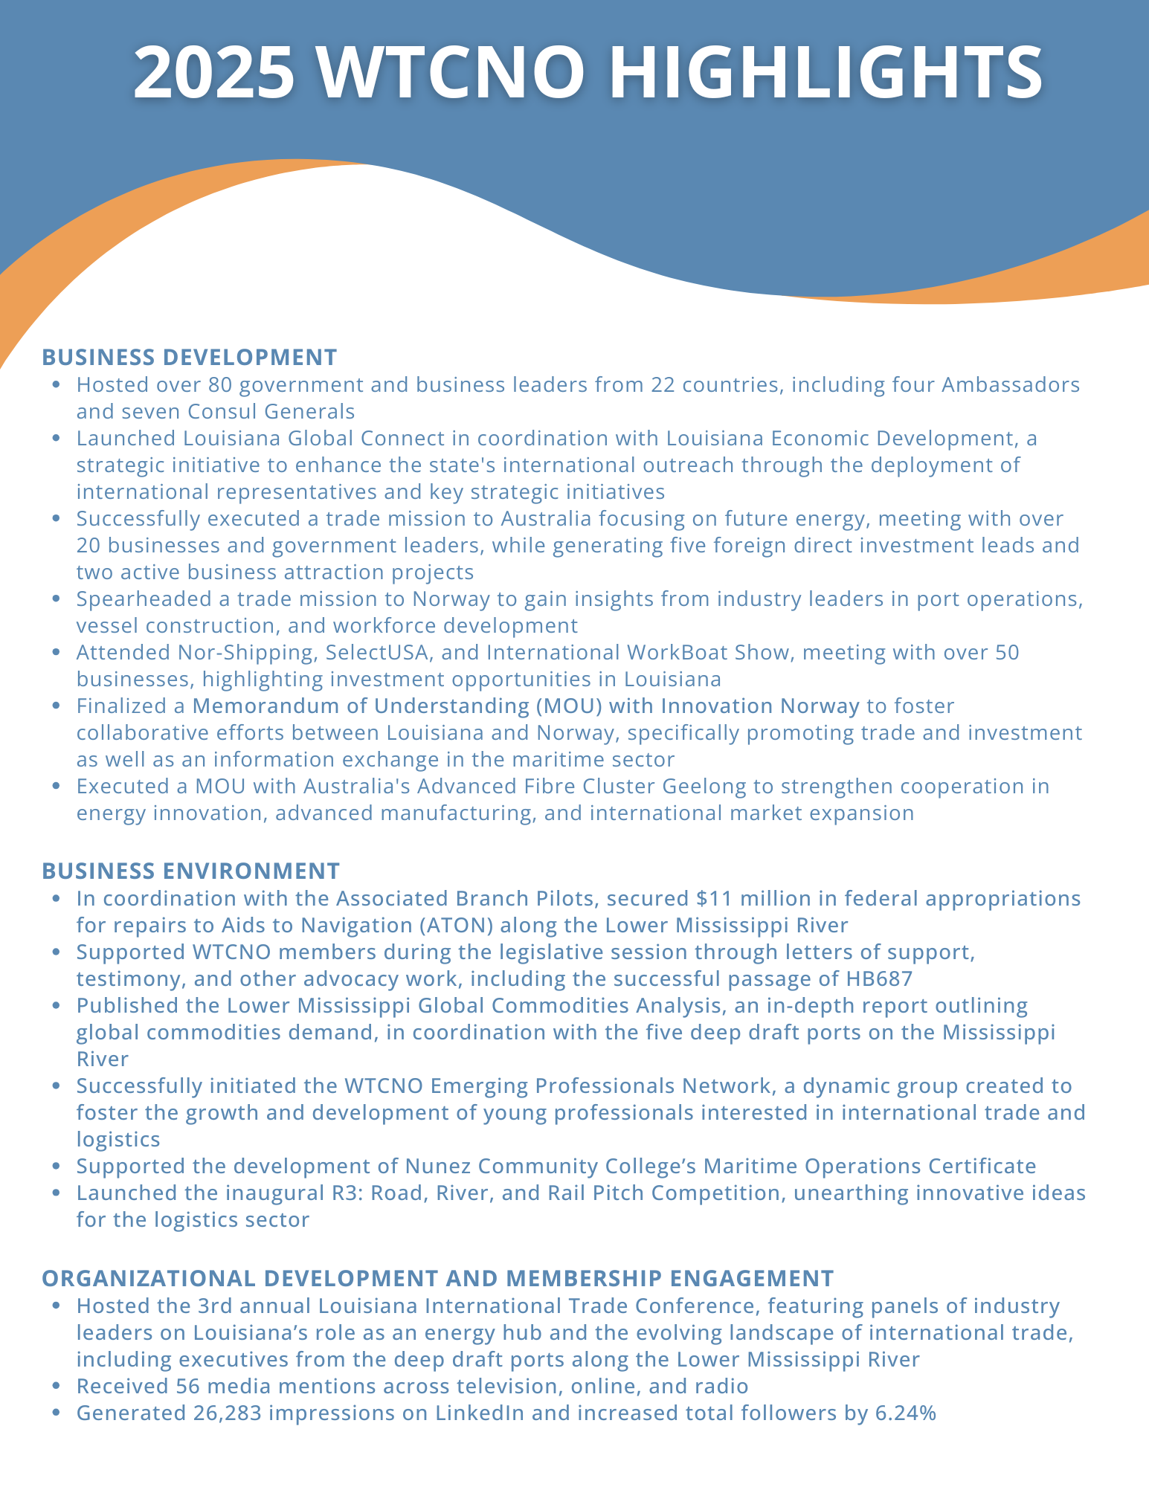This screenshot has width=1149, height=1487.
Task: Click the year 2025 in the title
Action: point(213,72)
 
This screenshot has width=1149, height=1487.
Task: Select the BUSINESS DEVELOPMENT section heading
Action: point(190,357)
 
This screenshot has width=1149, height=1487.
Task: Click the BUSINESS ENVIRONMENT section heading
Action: point(191,871)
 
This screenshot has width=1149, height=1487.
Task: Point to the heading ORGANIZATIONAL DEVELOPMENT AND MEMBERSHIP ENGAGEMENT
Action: point(438,1278)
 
